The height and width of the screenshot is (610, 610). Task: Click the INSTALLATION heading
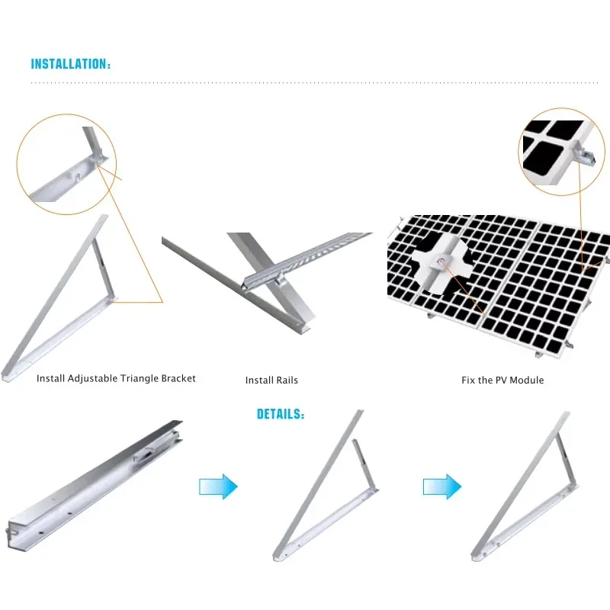(x=71, y=64)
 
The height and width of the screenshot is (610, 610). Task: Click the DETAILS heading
(x=281, y=414)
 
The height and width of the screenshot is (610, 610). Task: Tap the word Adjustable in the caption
(x=92, y=378)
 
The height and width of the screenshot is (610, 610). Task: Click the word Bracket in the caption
(x=178, y=378)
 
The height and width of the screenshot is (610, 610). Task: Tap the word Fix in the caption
(x=468, y=380)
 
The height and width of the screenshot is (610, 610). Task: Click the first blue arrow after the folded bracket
(x=218, y=486)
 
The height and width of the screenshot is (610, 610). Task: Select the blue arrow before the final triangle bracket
(x=442, y=486)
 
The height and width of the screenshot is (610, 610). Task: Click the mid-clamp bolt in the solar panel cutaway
(x=440, y=261)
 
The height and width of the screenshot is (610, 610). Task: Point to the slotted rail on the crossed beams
(x=307, y=256)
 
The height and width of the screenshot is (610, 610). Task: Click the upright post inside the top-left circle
(x=92, y=142)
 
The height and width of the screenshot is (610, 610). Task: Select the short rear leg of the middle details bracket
(x=364, y=464)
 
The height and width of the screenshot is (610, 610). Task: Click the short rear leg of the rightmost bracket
(x=566, y=459)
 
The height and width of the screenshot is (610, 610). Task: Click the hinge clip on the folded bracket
(x=145, y=454)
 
